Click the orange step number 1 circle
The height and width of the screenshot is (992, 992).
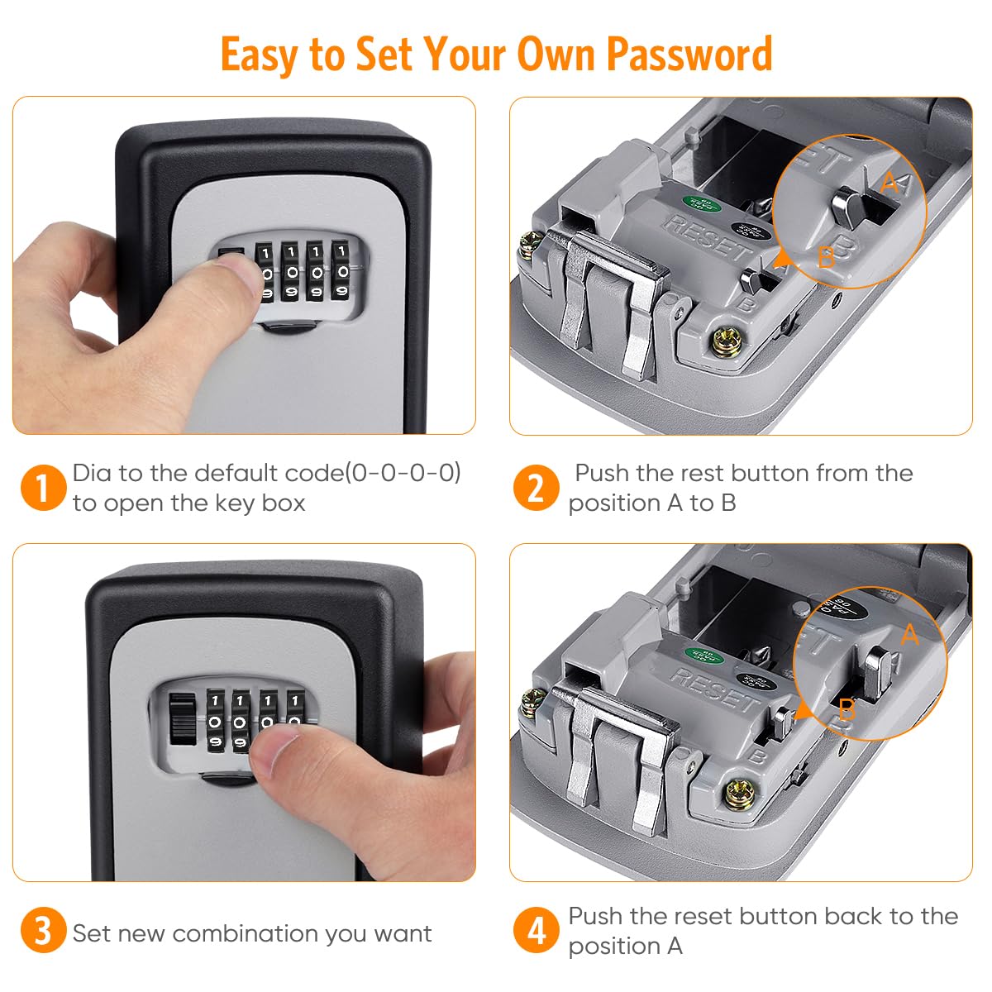point(42,487)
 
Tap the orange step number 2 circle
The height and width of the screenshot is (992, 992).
point(536,487)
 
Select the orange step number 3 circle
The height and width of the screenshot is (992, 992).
point(42,931)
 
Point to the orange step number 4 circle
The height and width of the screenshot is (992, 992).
point(536,931)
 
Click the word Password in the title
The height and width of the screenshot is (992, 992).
point(689,55)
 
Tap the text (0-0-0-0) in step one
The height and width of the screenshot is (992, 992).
point(403,473)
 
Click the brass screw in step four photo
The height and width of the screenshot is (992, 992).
point(738,794)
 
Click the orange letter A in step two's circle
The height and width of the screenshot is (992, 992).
point(889,183)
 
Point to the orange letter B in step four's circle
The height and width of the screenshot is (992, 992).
point(847,709)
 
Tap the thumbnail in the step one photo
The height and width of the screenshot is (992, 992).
point(239,269)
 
